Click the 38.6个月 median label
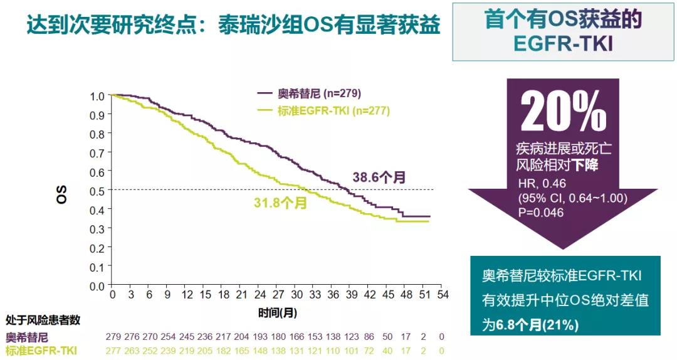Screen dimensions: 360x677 (379, 177)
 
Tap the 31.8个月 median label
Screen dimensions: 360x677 (280, 204)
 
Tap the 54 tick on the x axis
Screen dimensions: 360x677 (442, 295)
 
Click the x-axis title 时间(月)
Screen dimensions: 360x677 (277, 311)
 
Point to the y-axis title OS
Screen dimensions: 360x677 (61, 194)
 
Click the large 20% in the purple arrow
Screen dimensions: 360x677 (564, 114)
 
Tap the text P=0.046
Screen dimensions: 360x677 (540, 213)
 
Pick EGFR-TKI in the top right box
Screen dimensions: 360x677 (563, 44)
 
